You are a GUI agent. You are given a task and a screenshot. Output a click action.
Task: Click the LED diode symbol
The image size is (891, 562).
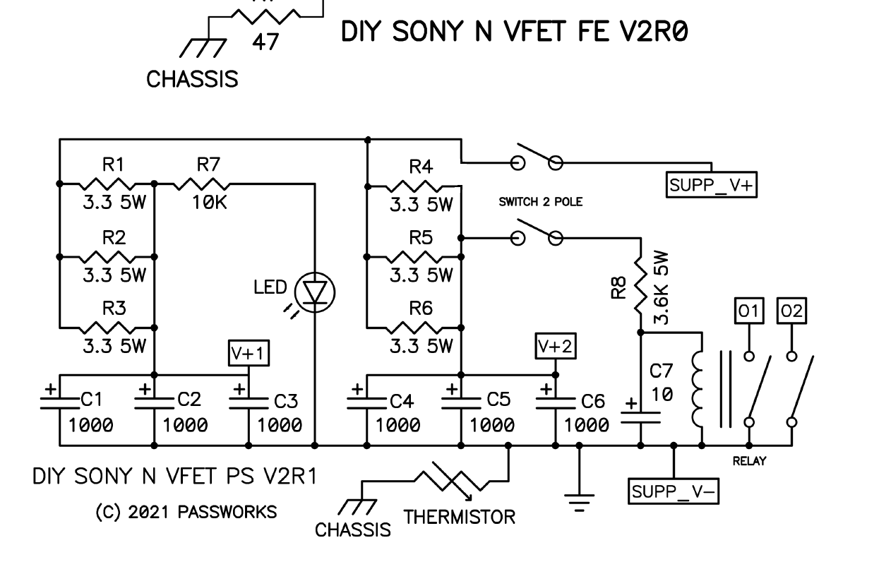click(x=315, y=293)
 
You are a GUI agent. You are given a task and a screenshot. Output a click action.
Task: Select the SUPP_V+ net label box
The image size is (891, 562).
click(x=712, y=185)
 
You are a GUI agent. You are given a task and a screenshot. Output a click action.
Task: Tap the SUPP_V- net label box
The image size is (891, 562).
click(x=674, y=491)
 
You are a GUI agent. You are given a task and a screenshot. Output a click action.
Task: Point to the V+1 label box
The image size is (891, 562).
click(x=249, y=353)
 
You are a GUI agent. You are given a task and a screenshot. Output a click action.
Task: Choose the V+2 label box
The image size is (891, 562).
click(x=555, y=346)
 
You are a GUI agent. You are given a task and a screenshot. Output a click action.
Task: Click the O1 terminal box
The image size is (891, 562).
click(x=749, y=311)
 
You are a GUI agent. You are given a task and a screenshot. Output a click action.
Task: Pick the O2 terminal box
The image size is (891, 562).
click(x=791, y=311)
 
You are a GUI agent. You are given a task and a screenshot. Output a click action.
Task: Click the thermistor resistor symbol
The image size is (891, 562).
click(x=453, y=482)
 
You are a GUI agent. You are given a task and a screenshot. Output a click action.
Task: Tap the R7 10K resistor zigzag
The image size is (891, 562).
click(x=202, y=184)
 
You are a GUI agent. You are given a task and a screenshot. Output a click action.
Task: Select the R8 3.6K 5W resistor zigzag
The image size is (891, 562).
click(x=641, y=285)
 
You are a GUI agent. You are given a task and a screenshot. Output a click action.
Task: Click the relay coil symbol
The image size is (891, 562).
click(x=698, y=388)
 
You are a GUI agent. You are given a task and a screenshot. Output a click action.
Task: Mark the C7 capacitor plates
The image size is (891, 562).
click(x=640, y=417)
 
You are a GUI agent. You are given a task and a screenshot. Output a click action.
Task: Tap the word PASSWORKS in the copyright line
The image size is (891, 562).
click(x=227, y=512)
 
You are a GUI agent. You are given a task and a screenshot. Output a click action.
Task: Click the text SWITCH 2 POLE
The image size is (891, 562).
click(x=541, y=202)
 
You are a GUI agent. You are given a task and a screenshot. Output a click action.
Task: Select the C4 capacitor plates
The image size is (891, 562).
click(x=366, y=403)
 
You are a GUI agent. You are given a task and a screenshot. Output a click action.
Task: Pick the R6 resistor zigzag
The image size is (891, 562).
click(x=414, y=328)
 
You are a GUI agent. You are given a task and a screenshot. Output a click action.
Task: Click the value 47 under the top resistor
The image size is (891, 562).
click(x=265, y=42)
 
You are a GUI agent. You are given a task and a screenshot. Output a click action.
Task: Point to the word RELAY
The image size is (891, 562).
click(x=749, y=461)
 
